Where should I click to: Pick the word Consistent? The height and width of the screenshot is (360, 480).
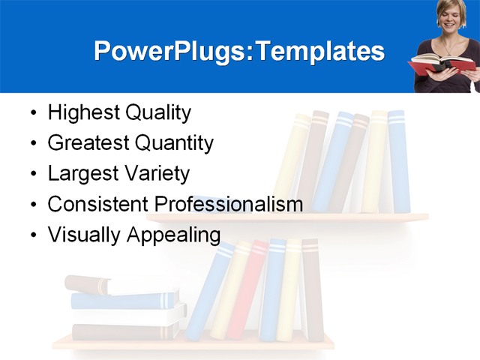coord(98,203)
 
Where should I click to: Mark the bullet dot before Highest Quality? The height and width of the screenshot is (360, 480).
coord(32,115)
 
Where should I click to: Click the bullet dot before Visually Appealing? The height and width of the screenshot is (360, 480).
coord(32,235)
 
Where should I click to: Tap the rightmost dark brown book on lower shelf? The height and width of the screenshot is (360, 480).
coord(311,289)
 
